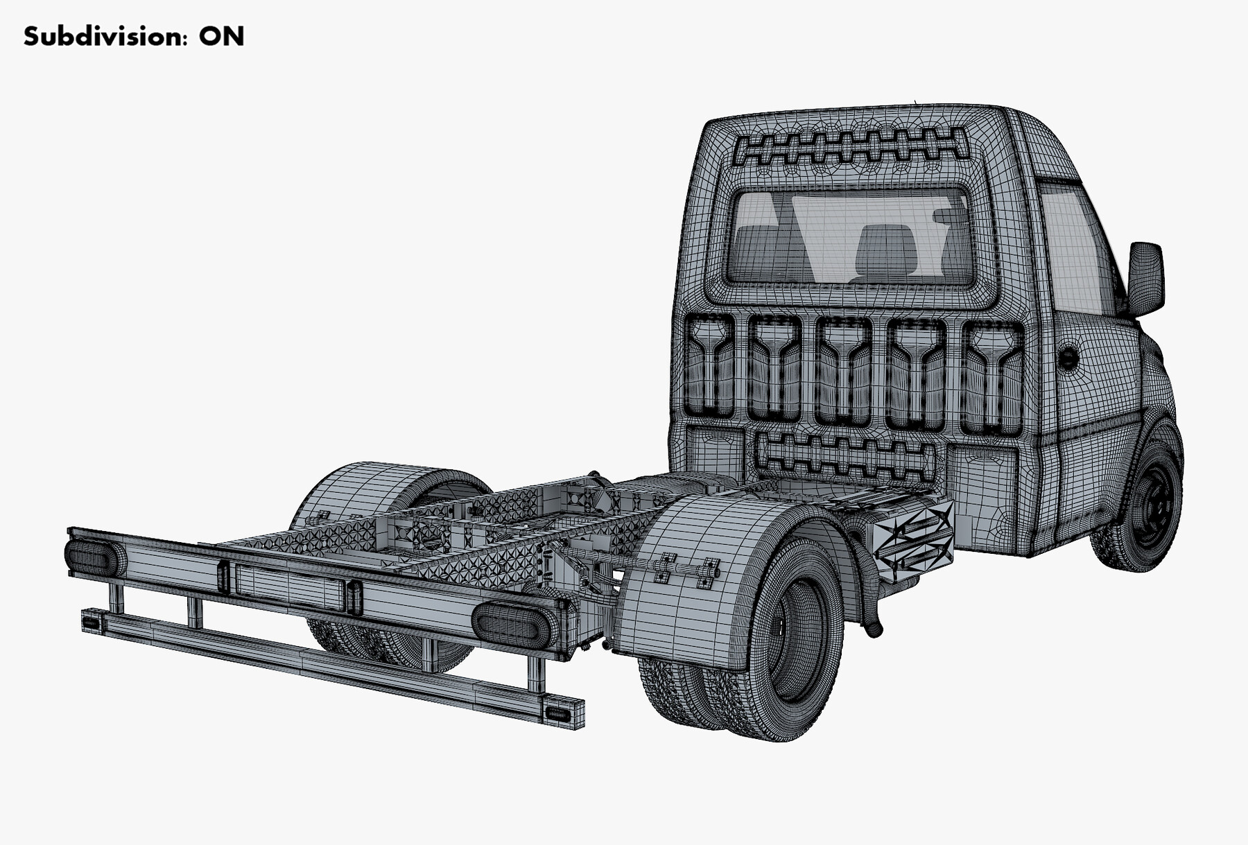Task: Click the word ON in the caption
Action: click(221, 36)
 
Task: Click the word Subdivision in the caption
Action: click(104, 36)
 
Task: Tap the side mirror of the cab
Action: click(1145, 277)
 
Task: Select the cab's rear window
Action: click(849, 237)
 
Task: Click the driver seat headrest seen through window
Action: click(885, 247)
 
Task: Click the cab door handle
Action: click(1068, 358)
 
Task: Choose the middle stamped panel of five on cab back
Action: click(843, 371)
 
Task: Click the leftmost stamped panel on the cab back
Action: click(709, 366)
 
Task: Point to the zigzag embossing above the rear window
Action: click(851, 147)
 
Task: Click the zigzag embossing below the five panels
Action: click(844, 455)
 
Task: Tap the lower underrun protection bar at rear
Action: click(333, 665)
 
